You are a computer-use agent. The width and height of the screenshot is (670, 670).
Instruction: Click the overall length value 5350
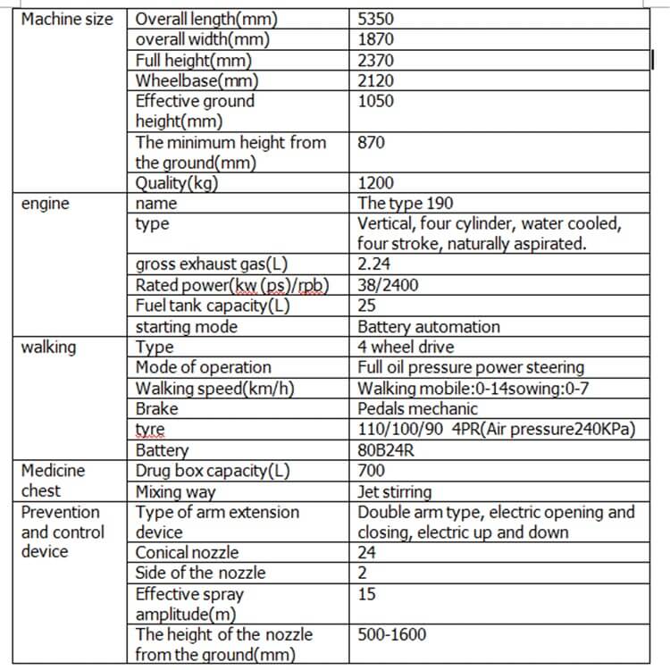(x=376, y=19)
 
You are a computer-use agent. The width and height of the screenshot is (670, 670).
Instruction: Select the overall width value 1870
(x=375, y=39)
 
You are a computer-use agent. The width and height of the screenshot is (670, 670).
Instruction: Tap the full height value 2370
(x=376, y=61)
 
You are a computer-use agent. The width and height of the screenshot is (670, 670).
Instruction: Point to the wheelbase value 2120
(x=375, y=81)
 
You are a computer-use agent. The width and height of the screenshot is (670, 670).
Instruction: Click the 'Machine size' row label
(x=67, y=19)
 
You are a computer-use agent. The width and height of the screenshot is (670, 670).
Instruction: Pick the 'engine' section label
(x=45, y=204)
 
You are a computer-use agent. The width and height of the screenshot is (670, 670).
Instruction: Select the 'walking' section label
(x=49, y=348)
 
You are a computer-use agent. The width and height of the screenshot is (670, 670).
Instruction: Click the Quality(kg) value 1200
(x=375, y=184)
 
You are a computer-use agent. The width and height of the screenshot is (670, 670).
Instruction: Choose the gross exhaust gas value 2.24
(x=373, y=264)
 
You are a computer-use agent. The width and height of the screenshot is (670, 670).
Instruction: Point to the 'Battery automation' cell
(x=429, y=327)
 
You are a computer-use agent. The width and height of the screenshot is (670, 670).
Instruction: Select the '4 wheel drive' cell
(x=406, y=348)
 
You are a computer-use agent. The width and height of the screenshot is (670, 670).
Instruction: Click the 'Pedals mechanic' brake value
(x=418, y=409)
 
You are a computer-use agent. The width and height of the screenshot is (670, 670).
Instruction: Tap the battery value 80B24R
(x=384, y=450)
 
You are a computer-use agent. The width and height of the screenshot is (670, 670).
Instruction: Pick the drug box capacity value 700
(x=372, y=471)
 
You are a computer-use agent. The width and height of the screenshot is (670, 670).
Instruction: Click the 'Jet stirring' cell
(x=395, y=492)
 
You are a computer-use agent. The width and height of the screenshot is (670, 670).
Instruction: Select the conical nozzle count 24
(x=367, y=553)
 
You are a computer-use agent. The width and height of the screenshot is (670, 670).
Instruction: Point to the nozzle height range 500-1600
(x=392, y=635)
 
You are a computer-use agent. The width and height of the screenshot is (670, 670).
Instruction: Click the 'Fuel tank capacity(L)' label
(x=214, y=306)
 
